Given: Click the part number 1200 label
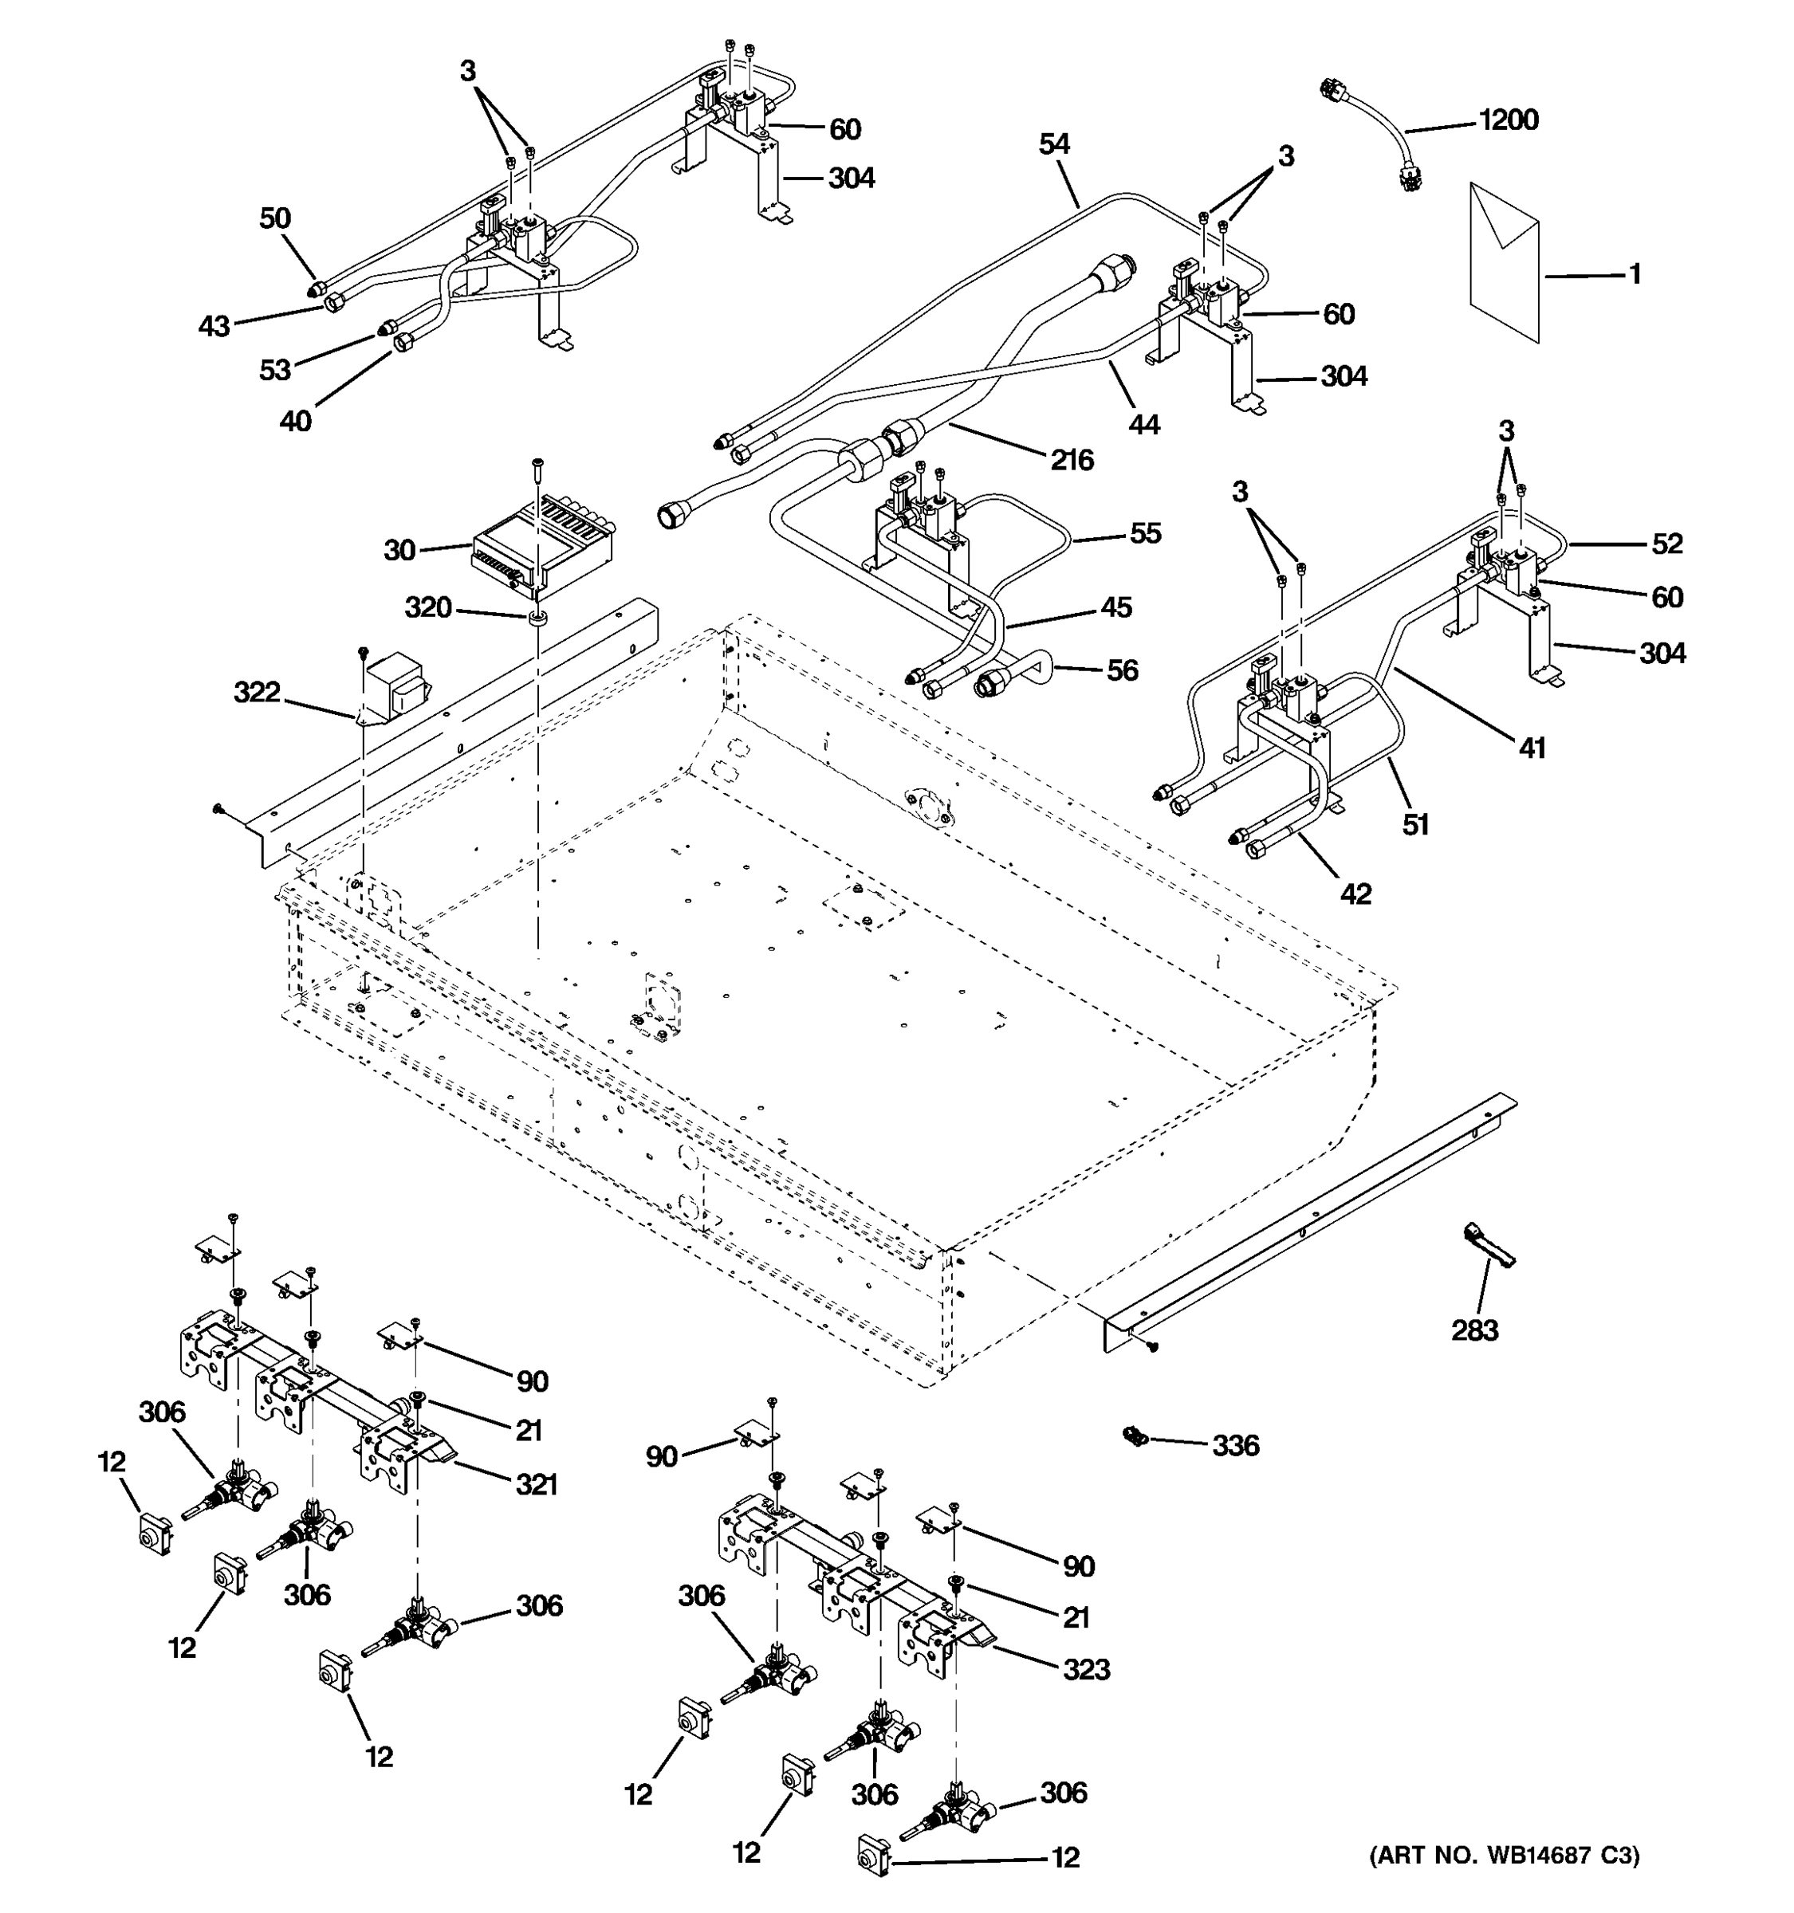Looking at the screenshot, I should (1507, 120).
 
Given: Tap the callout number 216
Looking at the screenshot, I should (1071, 460).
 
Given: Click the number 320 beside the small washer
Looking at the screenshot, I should (427, 607).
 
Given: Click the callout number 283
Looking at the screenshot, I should (1474, 1331).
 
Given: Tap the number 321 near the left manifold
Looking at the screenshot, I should (536, 1485).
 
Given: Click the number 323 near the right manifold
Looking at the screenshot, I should (1086, 1670).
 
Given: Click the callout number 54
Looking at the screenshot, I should (1054, 144).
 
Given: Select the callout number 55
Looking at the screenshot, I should (1144, 533).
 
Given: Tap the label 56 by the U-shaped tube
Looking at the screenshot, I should (1121, 670).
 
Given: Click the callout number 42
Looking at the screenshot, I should (1355, 894).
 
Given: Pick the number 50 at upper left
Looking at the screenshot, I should (274, 218).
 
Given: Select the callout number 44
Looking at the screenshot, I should (1144, 423).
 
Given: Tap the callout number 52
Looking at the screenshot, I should (1667, 544).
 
